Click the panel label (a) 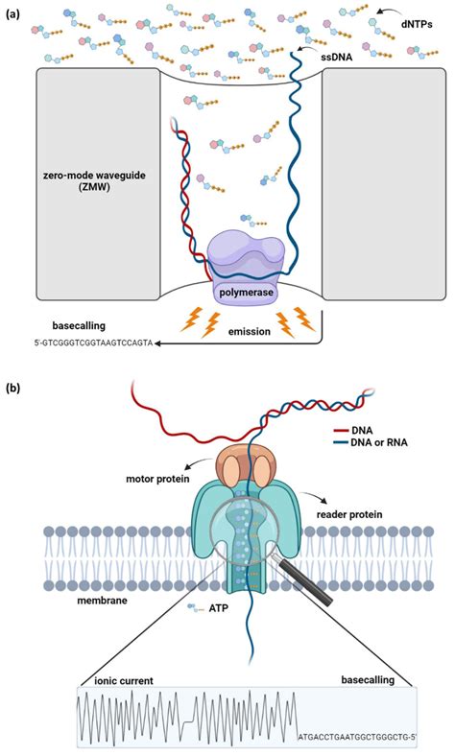tap(12, 14)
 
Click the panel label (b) tap(12, 388)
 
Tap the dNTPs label tap(417, 23)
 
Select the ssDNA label tap(336, 57)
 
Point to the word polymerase tap(246, 293)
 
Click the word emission tap(249, 331)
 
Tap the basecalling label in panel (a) tap(78, 326)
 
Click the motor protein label tap(157, 480)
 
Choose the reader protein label tap(348, 515)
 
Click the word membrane tap(103, 601)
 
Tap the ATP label tap(218, 608)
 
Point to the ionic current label tap(124, 681)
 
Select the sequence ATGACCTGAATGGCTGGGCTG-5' tap(357, 737)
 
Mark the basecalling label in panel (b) tap(368, 680)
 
